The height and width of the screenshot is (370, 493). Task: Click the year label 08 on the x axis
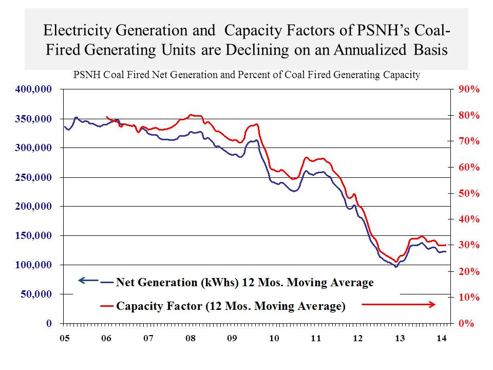[190, 339]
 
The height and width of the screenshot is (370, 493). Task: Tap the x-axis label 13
[399, 339]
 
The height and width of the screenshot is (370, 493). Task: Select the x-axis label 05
[64, 339]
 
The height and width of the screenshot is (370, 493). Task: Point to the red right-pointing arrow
[399, 305]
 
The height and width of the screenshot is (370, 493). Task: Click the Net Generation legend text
[245, 282]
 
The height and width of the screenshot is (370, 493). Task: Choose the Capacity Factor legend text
[231, 307]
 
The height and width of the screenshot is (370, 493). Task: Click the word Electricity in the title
[75, 30]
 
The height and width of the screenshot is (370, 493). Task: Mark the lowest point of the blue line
[395, 267]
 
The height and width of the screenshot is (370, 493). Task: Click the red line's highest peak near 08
[191, 115]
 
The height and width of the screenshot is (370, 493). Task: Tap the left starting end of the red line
[106, 117]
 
